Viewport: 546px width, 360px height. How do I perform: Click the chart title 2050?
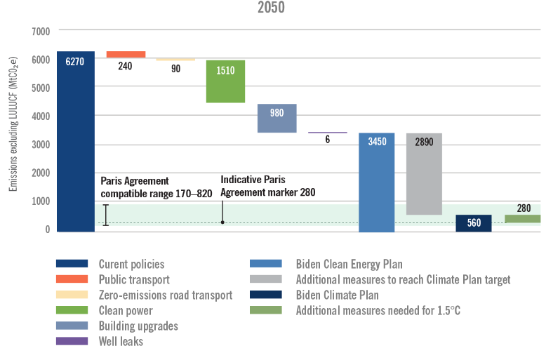(x=273, y=8)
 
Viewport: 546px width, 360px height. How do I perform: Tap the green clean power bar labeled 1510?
(x=225, y=81)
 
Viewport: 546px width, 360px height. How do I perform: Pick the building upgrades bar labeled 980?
(x=277, y=118)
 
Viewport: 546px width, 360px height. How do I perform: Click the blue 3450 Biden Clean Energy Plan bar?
(x=377, y=182)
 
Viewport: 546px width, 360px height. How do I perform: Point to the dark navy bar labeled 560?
(x=473, y=223)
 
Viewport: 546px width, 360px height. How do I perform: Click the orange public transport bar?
(x=126, y=54)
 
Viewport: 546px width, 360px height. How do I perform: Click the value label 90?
(x=175, y=69)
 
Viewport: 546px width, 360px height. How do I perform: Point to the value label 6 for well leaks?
(x=327, y=140)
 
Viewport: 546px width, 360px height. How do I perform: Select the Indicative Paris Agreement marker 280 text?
(x=268, y=186)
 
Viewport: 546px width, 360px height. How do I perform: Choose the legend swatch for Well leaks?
(x=72, y=341)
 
